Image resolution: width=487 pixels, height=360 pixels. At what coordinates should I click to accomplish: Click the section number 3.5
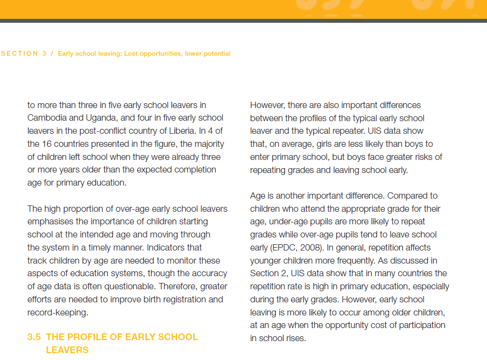[x=34, y=337]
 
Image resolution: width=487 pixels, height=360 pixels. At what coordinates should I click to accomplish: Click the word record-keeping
[x=58, y=313]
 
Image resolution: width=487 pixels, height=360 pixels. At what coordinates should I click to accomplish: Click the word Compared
[x=413, y=196]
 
